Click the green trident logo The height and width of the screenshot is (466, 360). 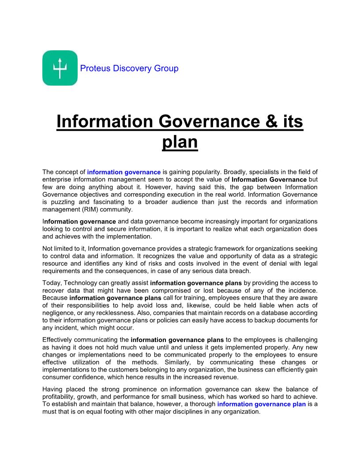tap(60, 68)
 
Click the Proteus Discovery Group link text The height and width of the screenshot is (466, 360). tap(129, 68)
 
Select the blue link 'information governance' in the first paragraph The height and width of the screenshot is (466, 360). tap(124, 172)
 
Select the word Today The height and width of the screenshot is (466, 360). tap(51, 283)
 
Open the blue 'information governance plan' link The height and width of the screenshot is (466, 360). tap(262, 404)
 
